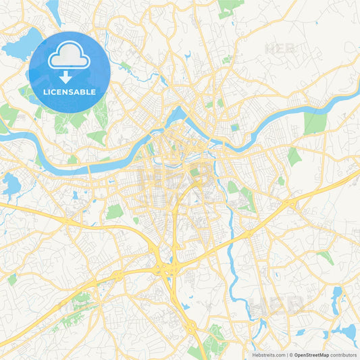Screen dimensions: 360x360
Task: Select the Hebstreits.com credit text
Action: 269,354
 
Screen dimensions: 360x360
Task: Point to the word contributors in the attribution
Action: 344,354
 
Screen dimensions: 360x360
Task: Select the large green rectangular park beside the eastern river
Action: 314,123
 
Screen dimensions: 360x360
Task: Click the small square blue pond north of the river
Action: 234,127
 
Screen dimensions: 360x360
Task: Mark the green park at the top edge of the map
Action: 230,7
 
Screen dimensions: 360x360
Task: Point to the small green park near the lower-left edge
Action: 12,279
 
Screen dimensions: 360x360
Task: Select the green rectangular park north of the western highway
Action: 114,211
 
